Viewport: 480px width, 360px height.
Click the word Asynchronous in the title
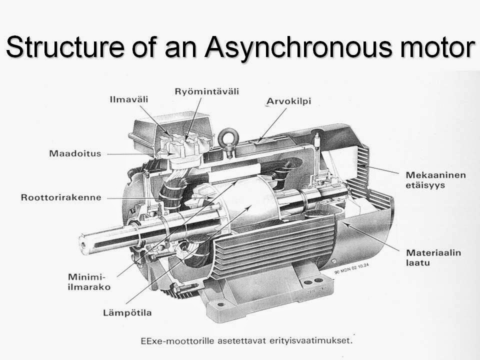298,47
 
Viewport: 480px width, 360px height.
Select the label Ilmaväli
129,99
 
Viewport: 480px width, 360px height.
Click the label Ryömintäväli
206,91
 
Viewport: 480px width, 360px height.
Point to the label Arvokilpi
288,101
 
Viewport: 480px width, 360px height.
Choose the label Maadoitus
75,153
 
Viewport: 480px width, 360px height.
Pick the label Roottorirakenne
61,197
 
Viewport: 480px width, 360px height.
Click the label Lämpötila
127,313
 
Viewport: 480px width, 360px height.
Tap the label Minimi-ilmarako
89,282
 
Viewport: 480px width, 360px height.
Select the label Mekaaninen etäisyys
436,180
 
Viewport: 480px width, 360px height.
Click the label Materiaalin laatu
433,257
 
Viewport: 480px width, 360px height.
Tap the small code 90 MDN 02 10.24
351,268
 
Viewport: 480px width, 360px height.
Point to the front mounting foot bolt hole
220,304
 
